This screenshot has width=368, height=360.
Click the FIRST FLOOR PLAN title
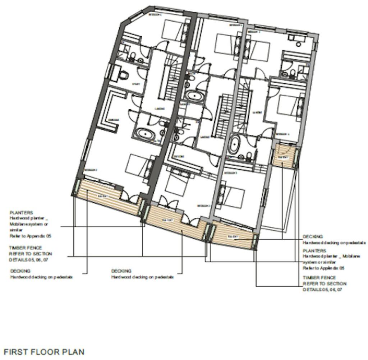(43, 351)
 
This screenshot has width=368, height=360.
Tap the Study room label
(136, 84)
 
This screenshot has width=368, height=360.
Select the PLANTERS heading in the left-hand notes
(21, 213)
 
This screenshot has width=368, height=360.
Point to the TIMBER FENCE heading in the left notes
(26, 248)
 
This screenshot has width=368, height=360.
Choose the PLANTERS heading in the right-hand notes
(314, 250)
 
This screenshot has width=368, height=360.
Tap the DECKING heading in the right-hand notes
(313, 237)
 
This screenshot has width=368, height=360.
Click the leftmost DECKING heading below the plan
(20, 271)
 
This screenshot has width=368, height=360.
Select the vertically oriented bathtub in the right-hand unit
(235, 144)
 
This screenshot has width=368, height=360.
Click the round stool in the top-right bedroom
(299, 44)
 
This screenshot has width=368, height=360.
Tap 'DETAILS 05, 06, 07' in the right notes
(322, 290)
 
